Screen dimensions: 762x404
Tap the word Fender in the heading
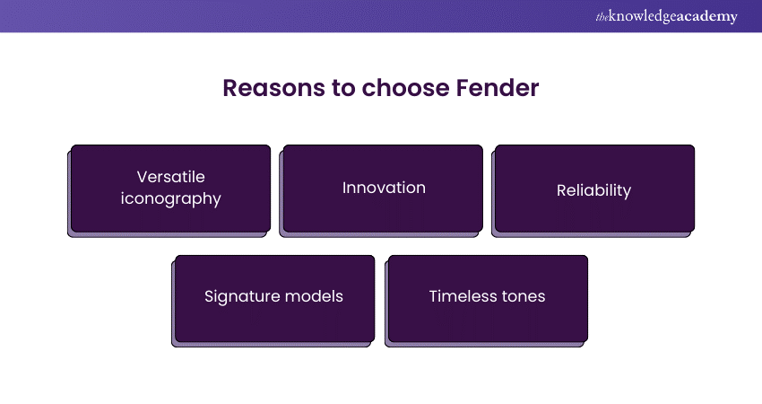[x=498, y=88]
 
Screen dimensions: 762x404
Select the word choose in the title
[x=406, y=88]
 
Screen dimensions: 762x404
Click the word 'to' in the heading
[x=343, y=89]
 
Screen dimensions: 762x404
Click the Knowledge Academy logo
[x=666, y=16]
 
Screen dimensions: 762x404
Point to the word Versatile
[x=170, y=177]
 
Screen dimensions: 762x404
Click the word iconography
[x=170, y=199]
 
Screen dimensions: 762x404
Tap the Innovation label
[x=384, y=188]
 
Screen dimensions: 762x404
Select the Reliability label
[x=593, y=191]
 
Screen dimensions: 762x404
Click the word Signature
[x=241, y=296]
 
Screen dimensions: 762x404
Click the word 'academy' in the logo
[x=706, y=17]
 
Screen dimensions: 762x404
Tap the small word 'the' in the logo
[x=602, y=18]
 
